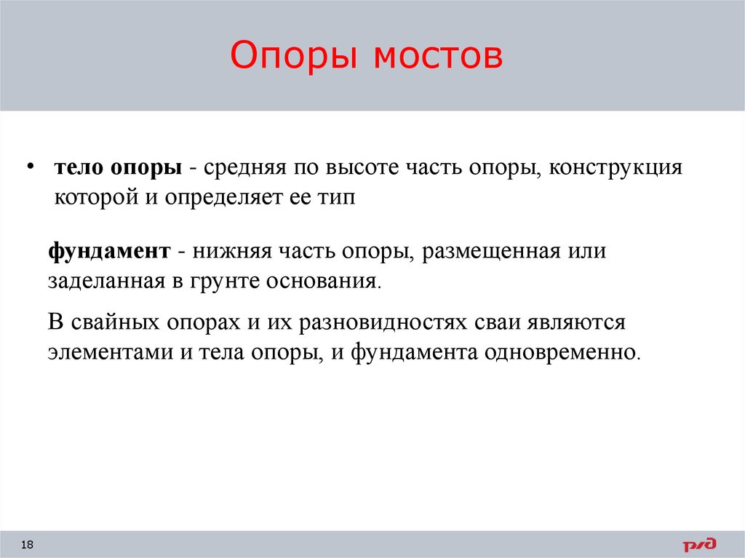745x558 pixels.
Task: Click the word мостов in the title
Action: [439, 56]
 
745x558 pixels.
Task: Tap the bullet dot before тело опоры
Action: [30, 167]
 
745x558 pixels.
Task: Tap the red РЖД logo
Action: [698, 544]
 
